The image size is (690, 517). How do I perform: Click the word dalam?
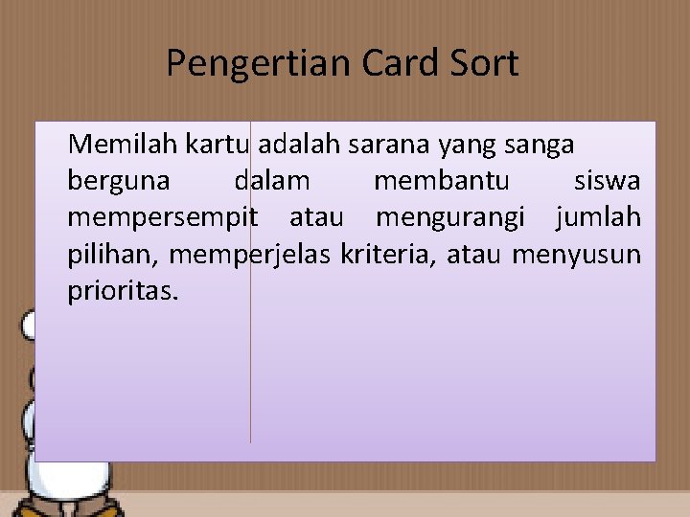(x=272, y=181)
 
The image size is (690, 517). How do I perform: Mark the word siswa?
(x=608, y=181)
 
